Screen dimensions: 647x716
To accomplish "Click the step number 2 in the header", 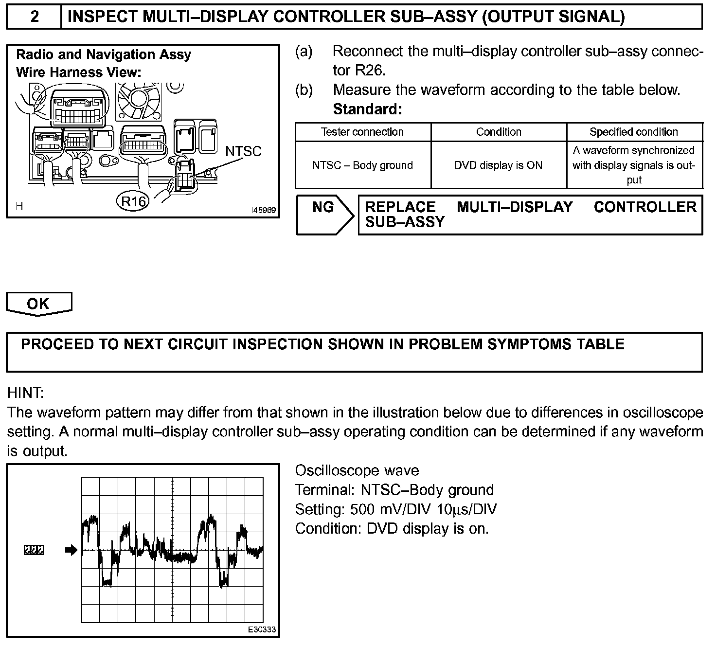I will tap(35, 17).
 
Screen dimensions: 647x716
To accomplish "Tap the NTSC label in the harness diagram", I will tap(243, 151).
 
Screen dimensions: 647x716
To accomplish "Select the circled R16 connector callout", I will tap(133, 201).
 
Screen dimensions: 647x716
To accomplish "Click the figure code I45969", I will tap(263, 211).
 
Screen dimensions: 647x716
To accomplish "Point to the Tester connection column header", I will tap(362, 132).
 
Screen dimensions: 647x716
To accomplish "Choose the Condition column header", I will tap(499, 132).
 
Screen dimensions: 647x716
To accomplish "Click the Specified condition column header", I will tap(634, 132).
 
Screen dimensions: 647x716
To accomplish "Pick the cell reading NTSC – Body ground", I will tap(362, 165).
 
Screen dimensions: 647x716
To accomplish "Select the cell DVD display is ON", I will tap(499, 165).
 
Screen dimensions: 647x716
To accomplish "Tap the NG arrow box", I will tap(324, 215).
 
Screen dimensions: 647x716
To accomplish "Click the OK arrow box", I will tap(38, 304).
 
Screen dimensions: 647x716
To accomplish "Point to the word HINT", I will tap(25, 393).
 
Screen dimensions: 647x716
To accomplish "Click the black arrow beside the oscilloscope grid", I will tap(71, 551).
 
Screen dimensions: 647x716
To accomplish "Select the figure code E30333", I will tap(262, 629).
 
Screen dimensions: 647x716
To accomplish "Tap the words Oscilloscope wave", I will tap(357, 470).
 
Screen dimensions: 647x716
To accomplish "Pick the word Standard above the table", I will tap(367, 109).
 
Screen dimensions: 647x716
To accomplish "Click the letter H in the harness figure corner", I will tap(19, 206).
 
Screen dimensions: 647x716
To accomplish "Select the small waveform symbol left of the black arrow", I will tap(34, 551).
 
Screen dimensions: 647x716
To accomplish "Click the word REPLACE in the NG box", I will tap(400, 207).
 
